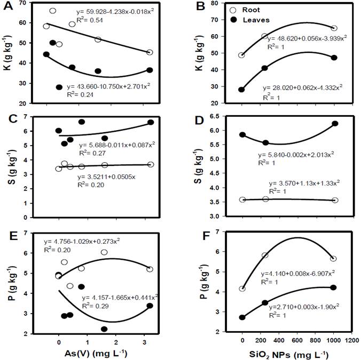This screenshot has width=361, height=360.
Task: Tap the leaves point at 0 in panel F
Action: (x=242, y=317)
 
